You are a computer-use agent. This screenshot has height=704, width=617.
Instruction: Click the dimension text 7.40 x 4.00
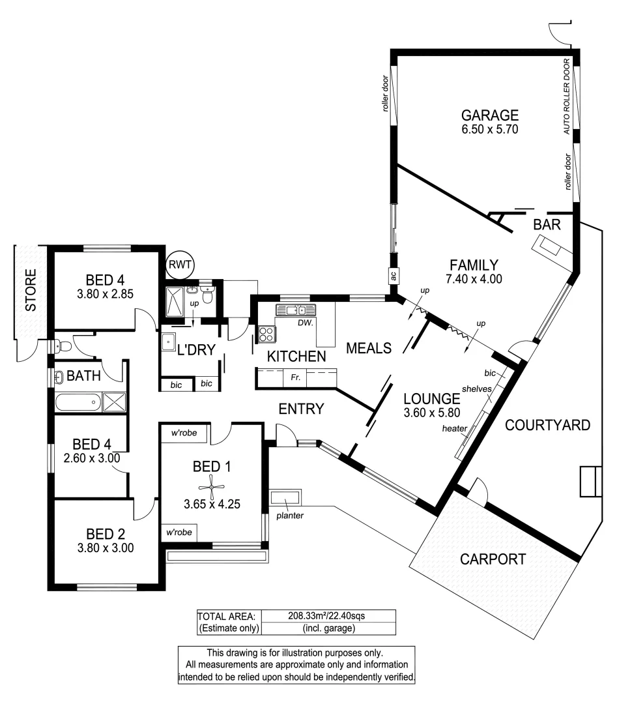474,279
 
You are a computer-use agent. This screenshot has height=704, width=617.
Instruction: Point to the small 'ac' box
394,276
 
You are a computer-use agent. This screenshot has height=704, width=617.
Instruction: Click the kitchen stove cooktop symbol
267,334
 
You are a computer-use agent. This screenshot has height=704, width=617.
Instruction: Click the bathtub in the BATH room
78,402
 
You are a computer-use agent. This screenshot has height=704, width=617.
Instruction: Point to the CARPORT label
493,559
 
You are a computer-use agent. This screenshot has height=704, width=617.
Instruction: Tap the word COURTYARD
548,426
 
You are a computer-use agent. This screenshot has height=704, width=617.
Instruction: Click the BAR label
547,225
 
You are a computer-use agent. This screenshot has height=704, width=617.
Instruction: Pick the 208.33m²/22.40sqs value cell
328,615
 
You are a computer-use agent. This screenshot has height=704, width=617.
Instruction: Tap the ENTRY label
301,409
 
